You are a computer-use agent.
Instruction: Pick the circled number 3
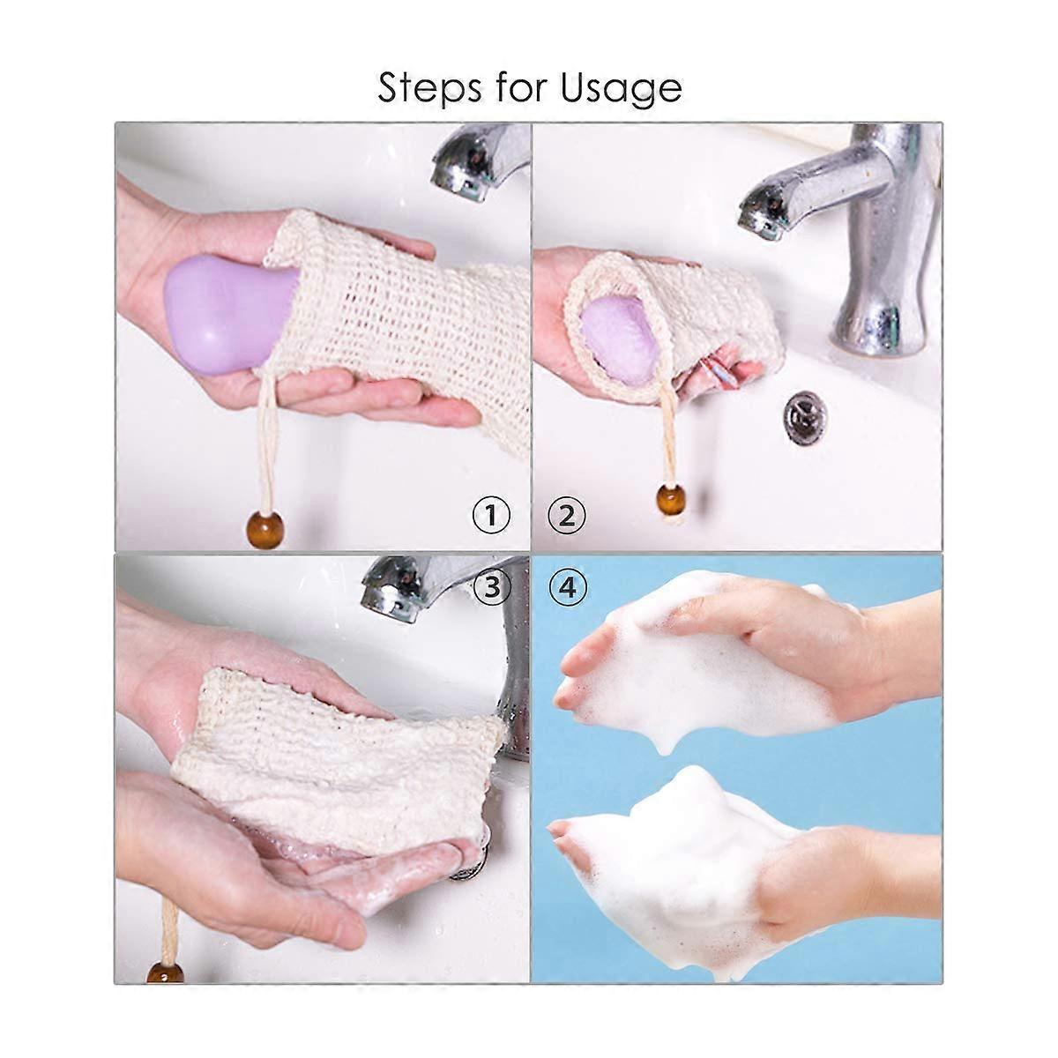tap(491, 587)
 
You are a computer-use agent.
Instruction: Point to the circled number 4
tap(568, 587)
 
